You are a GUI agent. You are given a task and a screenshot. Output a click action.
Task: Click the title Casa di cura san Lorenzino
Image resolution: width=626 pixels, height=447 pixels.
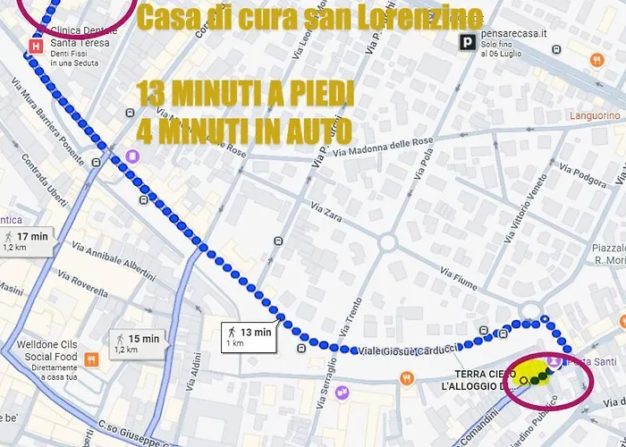tap(311, 17)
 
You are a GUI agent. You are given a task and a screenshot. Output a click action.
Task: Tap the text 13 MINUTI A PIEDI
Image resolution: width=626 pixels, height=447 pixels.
tap(246, 93)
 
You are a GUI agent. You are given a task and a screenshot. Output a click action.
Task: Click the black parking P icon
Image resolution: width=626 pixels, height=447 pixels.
tap(466, 42)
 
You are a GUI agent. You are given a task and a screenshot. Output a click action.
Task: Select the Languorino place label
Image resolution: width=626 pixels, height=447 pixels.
tap(595, 116)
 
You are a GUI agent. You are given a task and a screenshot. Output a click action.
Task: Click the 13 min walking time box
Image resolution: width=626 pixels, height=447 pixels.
tap(249, 337)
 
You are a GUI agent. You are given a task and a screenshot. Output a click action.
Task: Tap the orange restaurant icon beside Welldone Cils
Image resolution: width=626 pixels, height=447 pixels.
tap(90, 359)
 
